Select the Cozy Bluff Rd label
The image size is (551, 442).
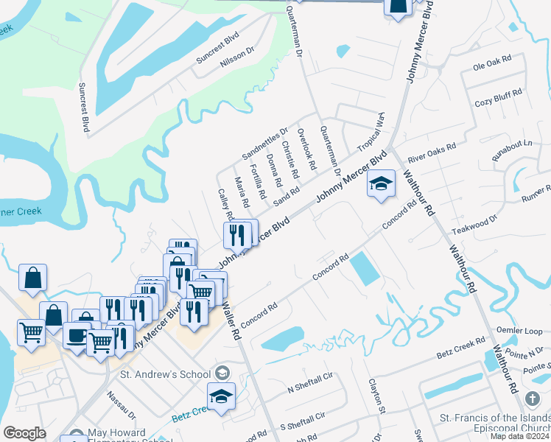click(498, 97)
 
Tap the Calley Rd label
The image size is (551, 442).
click(225, 205)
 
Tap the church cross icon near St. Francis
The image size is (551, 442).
click(533, 399)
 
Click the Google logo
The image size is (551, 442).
click(24, 433)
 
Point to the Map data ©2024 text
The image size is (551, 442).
click(520, 436)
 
